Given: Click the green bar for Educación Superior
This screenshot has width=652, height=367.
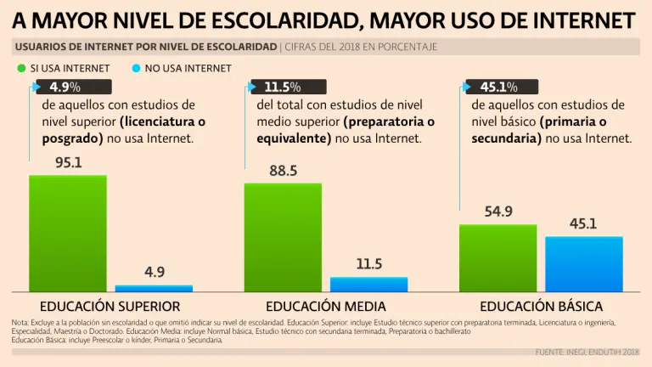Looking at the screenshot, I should [x=68, y=234].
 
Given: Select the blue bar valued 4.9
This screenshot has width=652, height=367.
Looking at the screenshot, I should [x=154, y=289].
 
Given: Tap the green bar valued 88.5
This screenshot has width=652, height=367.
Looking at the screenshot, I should [x=283, y=238].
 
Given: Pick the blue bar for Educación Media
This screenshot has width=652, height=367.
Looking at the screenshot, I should [x=368, y=285].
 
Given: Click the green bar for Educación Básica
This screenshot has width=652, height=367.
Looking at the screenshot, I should [x=498, y=258].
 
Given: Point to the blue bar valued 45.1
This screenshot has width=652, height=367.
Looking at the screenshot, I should [x=584, y=264].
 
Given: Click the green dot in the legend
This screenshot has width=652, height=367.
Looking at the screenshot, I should [x=21, y=68].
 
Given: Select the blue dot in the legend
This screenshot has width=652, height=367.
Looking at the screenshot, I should [x=137, y=68].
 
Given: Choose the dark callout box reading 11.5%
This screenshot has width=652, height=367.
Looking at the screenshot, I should [x=288, y=87].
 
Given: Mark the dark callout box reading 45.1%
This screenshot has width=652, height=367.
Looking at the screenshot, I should [x=503, y=87].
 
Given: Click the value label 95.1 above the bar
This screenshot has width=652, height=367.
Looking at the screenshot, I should [x=68, y=162].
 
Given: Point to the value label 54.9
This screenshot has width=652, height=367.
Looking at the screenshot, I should [x=498, y=212].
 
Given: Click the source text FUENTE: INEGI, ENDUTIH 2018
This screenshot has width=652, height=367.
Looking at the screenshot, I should [x=587, y=352].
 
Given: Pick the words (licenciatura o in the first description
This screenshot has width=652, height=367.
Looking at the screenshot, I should [x=162, y=121].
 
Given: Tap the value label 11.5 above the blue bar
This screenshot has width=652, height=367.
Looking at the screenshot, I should [x=368, y=264].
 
